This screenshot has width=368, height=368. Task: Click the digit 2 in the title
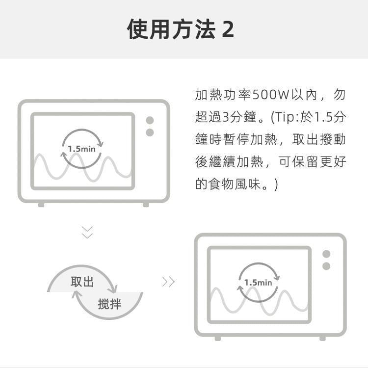point(228,29)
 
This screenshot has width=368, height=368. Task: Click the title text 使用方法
point(171,29)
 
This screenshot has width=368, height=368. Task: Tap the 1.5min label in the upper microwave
point(81,149)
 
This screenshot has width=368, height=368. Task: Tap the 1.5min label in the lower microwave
point(258,283)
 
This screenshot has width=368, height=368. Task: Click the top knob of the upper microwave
point(150,120)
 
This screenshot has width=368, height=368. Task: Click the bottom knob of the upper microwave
point(150,132)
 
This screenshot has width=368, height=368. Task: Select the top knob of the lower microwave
point(326,254)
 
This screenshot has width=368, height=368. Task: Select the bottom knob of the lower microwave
point(326,266)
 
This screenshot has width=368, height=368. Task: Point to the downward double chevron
point(87,233)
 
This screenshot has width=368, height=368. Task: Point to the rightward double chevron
point(168,282)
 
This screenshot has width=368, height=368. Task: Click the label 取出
point(82,282)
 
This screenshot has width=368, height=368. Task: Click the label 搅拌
point(109,304)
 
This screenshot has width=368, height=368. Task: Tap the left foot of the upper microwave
point(41,205)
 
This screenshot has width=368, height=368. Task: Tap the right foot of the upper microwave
point(146,205)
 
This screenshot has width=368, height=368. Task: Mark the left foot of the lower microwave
point(217,338)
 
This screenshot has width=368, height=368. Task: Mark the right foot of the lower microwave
point(322,338)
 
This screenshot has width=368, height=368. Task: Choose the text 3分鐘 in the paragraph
point(239,117)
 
